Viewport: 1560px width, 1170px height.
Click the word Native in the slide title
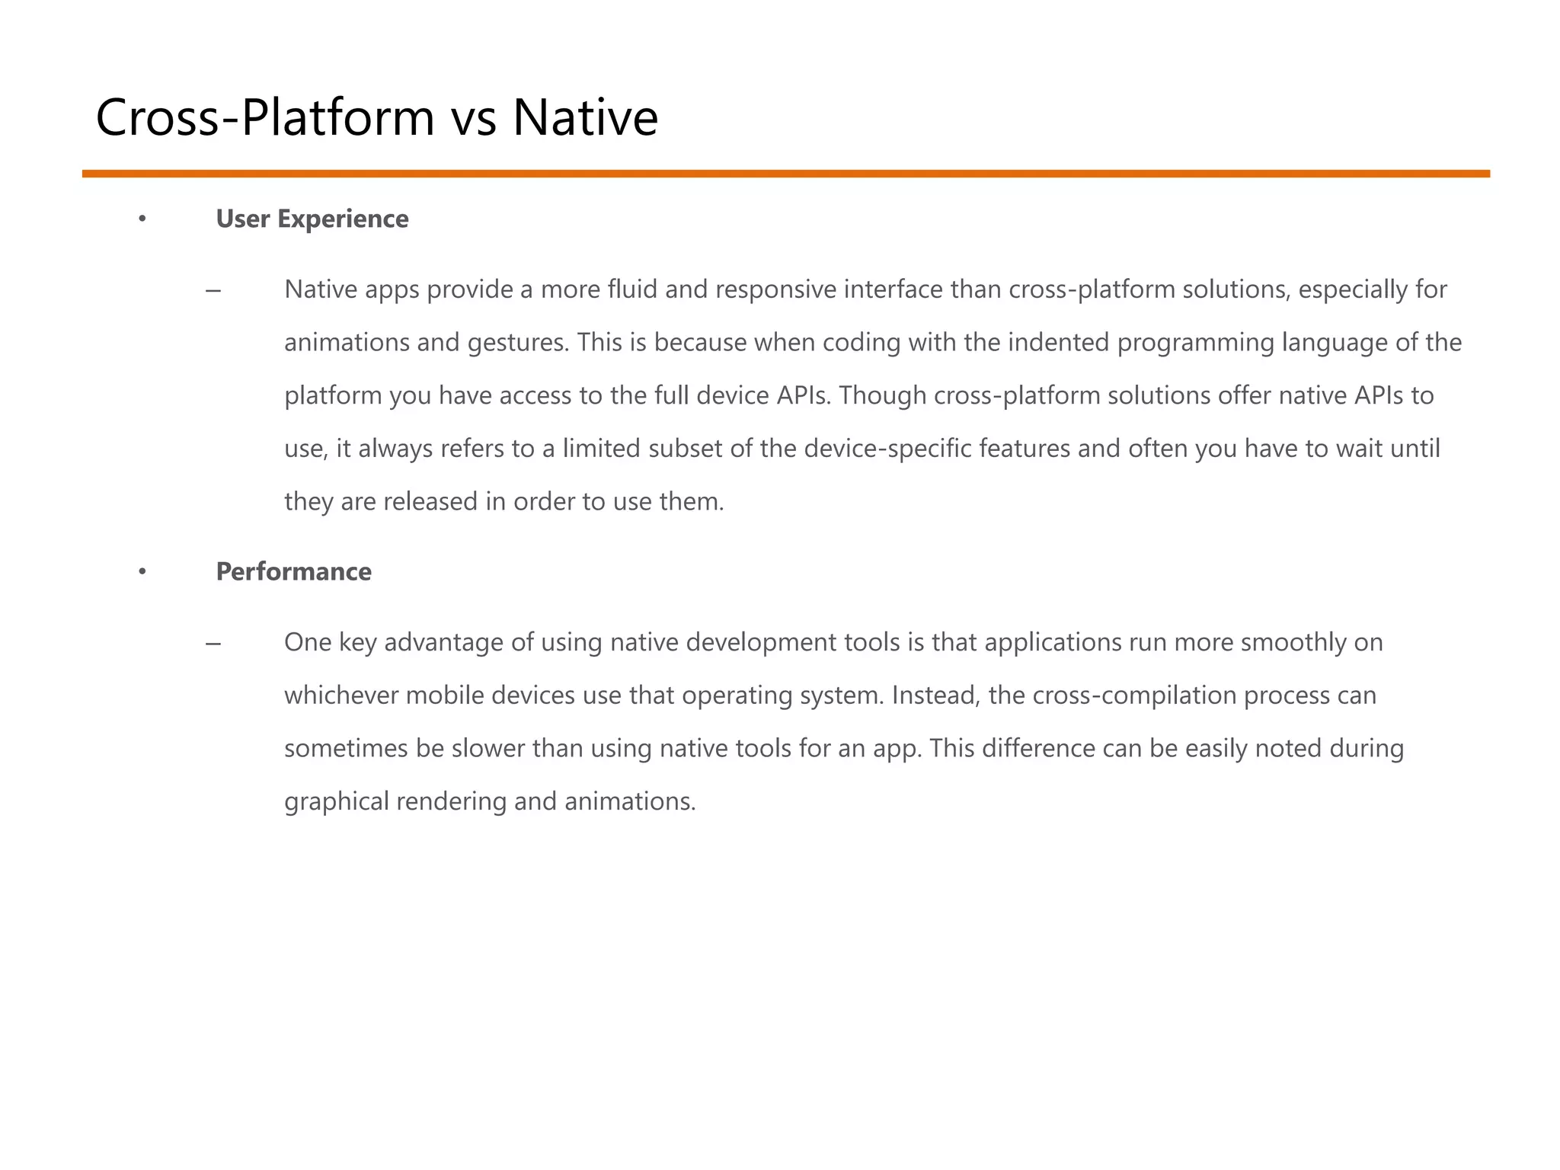point(585,118)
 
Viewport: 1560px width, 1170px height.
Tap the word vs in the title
point(473,118)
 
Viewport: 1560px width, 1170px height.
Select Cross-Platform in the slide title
point(265,118)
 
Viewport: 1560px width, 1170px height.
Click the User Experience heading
point(312,219)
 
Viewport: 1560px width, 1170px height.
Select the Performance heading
point(294,572)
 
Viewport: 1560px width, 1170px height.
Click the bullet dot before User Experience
point(142,220)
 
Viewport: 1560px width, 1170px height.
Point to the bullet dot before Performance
point(142,573)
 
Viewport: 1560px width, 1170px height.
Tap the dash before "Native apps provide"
point(213,291)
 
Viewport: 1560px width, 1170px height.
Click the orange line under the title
point(785,174)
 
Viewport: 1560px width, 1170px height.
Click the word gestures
point(518,343)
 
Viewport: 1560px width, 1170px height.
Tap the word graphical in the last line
point(337,801)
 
